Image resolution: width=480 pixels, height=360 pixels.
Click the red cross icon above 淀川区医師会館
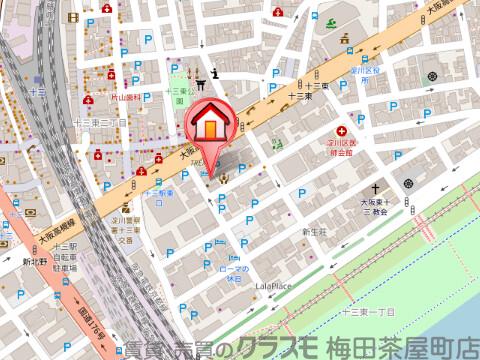[342, 132]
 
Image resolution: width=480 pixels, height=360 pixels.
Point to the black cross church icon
[378, 188]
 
